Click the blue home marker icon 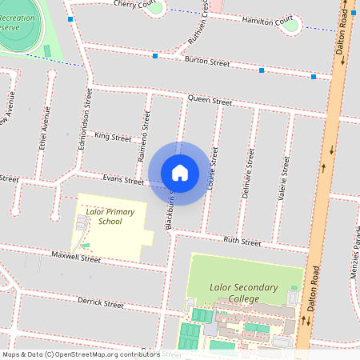coord(180,173)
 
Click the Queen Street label coord(210,102)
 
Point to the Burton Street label coord(206,62)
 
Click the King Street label coord(112,138)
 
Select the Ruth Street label coord(242,241)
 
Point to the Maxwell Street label coord(76,258)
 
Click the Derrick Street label coord(100,304)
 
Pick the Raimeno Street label coord(145,137)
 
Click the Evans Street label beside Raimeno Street coord(122,179)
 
